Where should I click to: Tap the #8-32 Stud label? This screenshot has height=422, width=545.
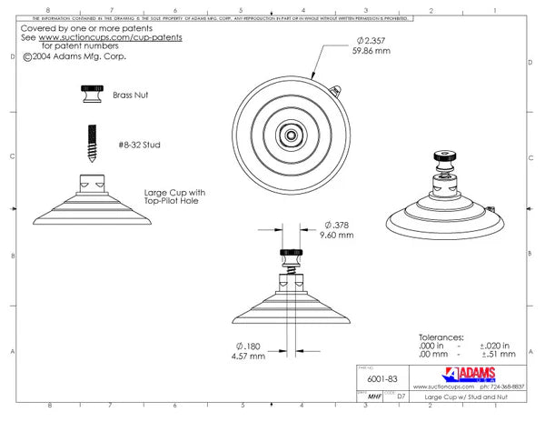click(139, 145)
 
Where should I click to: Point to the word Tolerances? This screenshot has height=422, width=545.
click(441, 336)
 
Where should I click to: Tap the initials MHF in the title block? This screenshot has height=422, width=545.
click(372, 397)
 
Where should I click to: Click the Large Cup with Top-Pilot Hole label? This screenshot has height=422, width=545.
click(174, 197)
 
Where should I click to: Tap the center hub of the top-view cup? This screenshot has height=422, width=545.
click(290, 135)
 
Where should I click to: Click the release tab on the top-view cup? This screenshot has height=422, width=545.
click(337, 90)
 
